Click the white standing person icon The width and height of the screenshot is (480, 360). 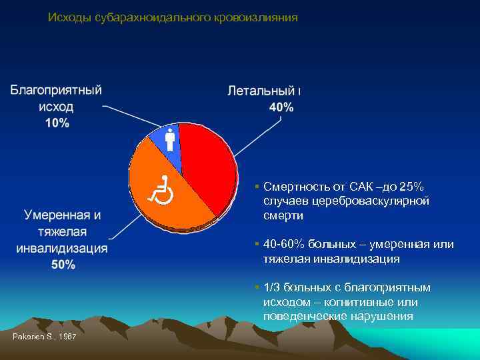coord(169,139)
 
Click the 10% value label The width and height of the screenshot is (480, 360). coord(57,123)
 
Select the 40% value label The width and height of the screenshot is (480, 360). coord(281,107)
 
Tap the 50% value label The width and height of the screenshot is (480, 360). coord(63,265)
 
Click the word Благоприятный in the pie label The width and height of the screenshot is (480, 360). coord(56,90)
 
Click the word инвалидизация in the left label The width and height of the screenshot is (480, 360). coord(62,248)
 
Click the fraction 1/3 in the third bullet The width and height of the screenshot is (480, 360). coord(272,287)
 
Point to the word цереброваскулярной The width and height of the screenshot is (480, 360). coord(374,201)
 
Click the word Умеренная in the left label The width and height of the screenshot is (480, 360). coord(57,215)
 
